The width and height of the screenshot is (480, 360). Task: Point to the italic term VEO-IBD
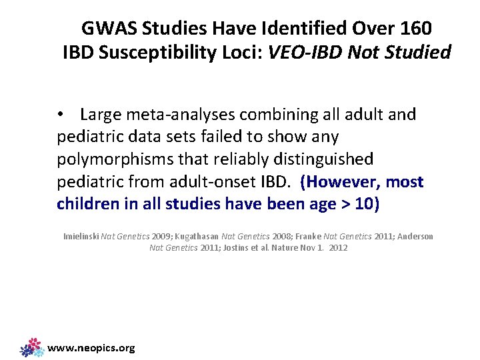click(305, 51)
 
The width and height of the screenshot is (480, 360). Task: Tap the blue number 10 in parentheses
click(363, 204)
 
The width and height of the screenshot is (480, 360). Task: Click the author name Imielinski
click(80, 236)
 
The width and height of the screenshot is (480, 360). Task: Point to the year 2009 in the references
click(161, 236)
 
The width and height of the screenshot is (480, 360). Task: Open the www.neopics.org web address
click(92, 347)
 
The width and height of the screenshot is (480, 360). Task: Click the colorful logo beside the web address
click(32, 347)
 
